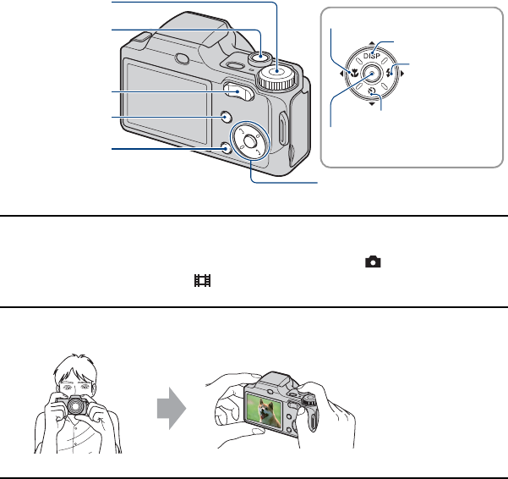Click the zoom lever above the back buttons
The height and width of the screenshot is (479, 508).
tap(239, 92)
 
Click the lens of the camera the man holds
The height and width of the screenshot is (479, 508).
tap(78, 405)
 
